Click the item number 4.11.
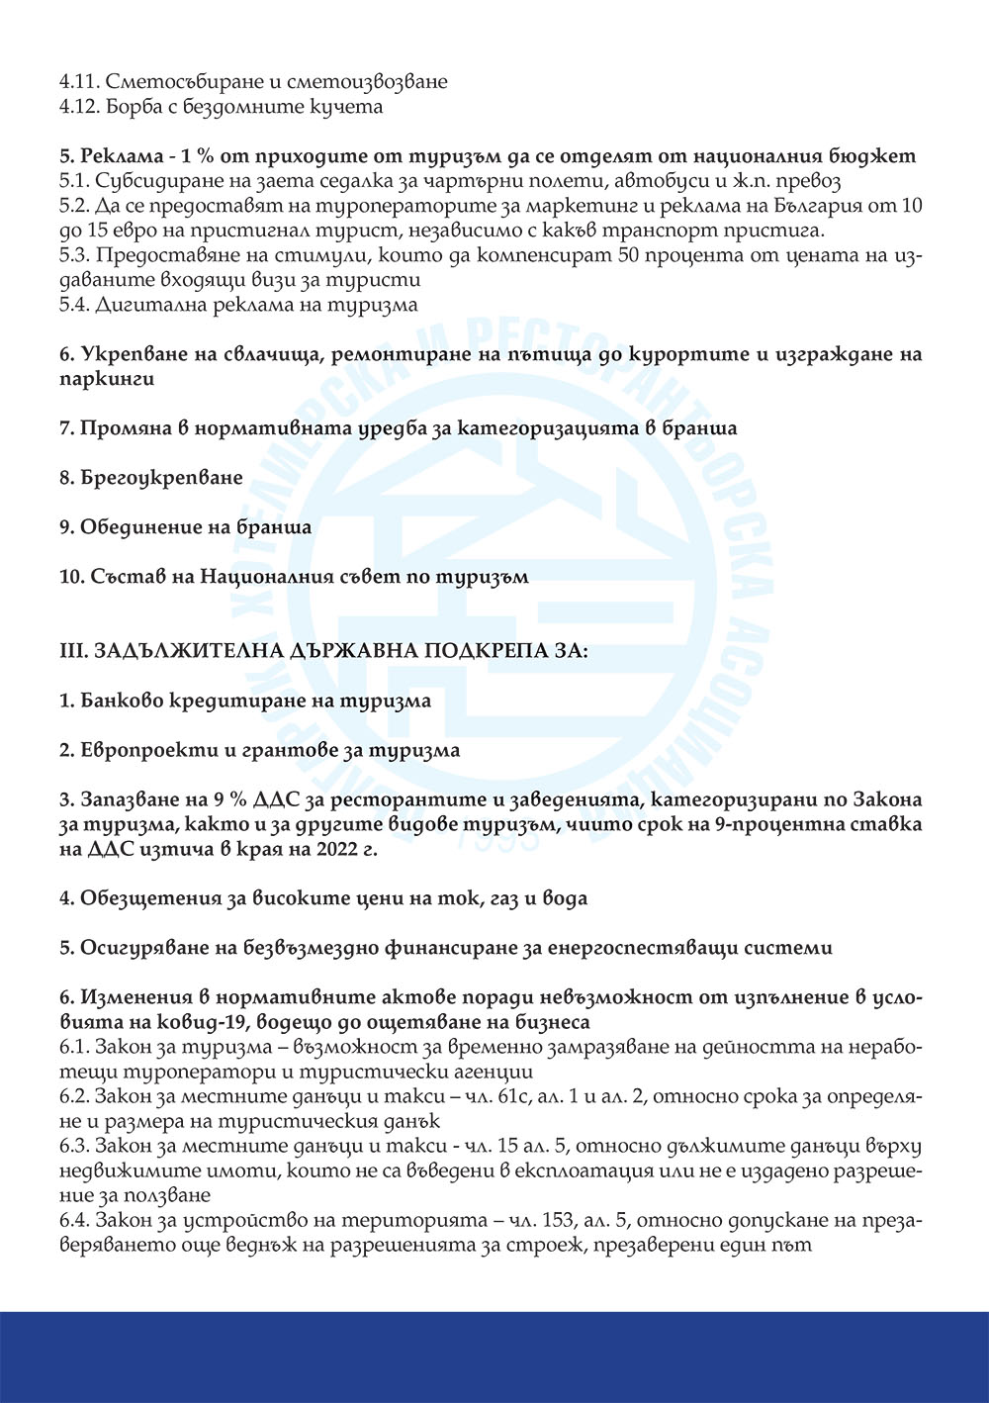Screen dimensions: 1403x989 click(x=76, y=81)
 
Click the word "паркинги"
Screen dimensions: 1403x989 click(x=106, y=379)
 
